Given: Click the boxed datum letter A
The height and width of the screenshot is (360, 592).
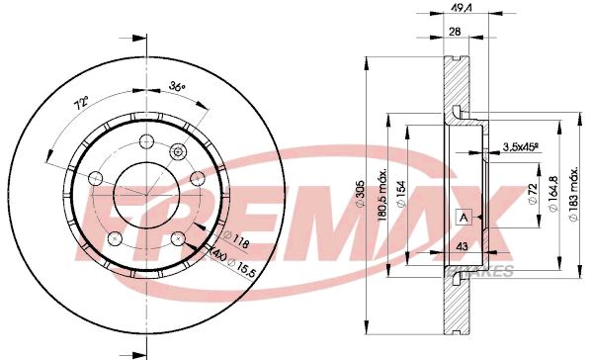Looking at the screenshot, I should [461, 218].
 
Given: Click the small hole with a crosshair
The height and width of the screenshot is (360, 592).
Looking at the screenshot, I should [179, 151].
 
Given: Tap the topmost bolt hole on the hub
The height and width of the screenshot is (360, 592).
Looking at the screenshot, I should [146, 139].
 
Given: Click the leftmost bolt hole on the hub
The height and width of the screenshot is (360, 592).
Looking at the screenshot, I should [96, 178].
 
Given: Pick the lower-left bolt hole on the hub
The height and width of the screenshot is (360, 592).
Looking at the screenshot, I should [116, 237].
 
